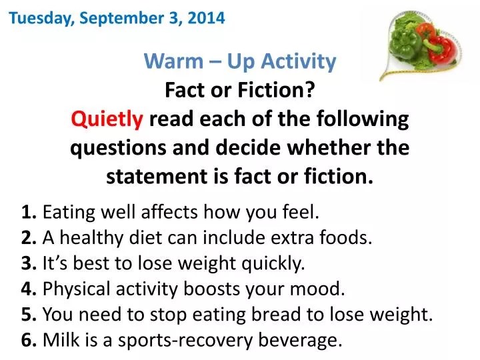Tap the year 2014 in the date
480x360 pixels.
pos(206,19)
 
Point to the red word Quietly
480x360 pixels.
pos(107,120)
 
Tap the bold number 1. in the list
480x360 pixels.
pos(29,213)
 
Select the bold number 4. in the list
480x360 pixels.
pos(29,289)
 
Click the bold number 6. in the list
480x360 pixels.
pos(29,341)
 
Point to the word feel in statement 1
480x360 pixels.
pos(301,213)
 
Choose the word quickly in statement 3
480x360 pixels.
pos(274,263)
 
